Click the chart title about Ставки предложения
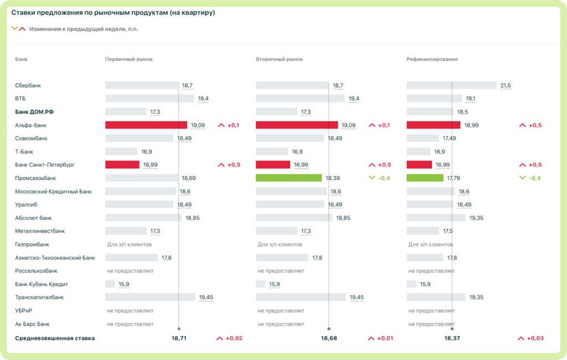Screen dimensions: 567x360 tap(113, 13)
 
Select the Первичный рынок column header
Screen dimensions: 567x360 tap(128, 59)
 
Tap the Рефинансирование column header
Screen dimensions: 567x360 tap(432, 59)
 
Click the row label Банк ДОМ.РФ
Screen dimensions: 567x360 tap(34, 112)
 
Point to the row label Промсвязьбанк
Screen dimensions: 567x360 tap(35, 178)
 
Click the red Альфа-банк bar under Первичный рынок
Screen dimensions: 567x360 tap(146, 125)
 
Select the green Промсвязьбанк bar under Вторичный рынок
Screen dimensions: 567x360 tap(288, 178)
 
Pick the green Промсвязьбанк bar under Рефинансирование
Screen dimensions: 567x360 tap(425, 178)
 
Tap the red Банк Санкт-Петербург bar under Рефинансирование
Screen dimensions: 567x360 tap(419, 164)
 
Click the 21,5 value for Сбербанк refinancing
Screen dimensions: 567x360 tap(506, 85)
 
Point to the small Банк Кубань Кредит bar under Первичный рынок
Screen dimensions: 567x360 tap(110, 284)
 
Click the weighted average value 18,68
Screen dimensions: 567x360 tap(329, 338)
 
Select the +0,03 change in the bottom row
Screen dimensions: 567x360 tap(535, 338)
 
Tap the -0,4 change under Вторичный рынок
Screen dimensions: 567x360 tap(384, 178)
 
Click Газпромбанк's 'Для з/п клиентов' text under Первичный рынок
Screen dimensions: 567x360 tap(129, 245)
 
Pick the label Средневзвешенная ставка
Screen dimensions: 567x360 tap(55, 338)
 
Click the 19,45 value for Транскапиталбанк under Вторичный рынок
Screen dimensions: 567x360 tap(357, 297)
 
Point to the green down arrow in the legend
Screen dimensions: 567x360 tap(14, 28)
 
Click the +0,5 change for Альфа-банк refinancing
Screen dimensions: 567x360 tap(535, 125)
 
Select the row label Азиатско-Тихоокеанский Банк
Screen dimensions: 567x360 tap(55, 258)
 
